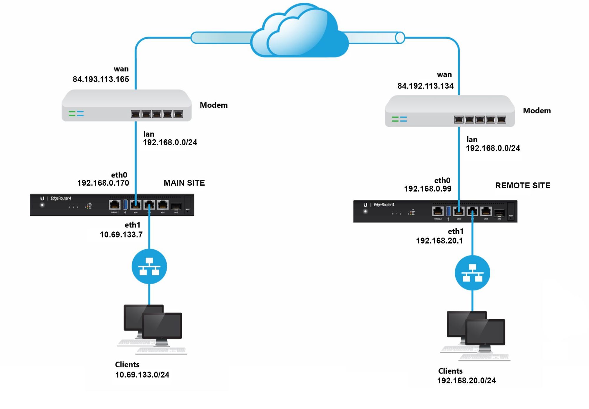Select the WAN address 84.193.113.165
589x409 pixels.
coord(101,79)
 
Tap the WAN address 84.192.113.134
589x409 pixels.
coord(425,86)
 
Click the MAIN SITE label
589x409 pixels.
coord(184,183)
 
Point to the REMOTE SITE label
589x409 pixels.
coord(522,186)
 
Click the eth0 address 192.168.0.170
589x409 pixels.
coord(103,183)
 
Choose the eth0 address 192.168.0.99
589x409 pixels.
coord(427,189)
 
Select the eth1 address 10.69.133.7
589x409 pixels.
coord(121,235)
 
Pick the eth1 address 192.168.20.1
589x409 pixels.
coord(439,241)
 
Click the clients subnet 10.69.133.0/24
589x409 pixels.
coord(142,375)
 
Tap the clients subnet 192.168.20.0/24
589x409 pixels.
coord(466,381)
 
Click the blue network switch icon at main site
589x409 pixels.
coord(149,266)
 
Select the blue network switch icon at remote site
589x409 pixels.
coord(472,273)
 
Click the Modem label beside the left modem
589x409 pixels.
coord(214,105)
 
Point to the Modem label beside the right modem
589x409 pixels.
coord(537,111)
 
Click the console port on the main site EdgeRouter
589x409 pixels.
coord(115,205)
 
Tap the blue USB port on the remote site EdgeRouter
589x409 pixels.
coord(448,211)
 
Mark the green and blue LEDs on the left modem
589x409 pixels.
coord(76,114)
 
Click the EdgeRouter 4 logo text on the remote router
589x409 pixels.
coord(384,205)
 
